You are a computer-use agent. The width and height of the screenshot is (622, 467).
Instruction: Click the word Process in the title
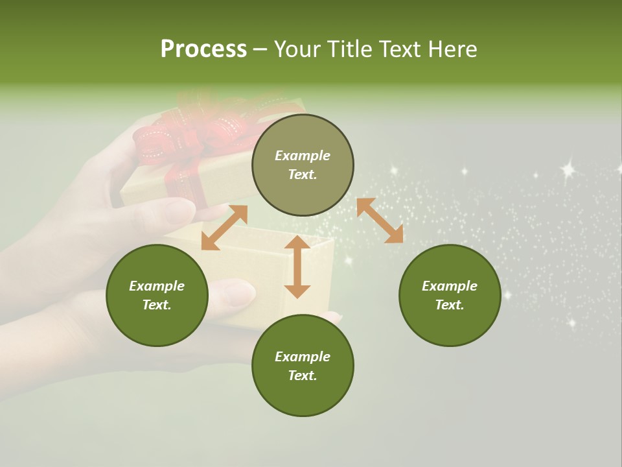point(203,49)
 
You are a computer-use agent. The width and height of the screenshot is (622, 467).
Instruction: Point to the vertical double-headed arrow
point(297,267)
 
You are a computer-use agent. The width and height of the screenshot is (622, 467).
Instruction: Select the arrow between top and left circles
point(224,227)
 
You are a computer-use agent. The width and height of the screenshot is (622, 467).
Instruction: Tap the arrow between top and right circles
point(380,221)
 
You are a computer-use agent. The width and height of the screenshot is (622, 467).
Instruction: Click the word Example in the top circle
point(303,156)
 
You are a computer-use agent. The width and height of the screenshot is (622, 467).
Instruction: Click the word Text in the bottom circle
point(303,376)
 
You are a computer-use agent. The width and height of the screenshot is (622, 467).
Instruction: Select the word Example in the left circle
point(157,286)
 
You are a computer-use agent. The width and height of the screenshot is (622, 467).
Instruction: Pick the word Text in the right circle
point(450,305)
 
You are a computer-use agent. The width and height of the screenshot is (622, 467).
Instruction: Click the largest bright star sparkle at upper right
point(568,170)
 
